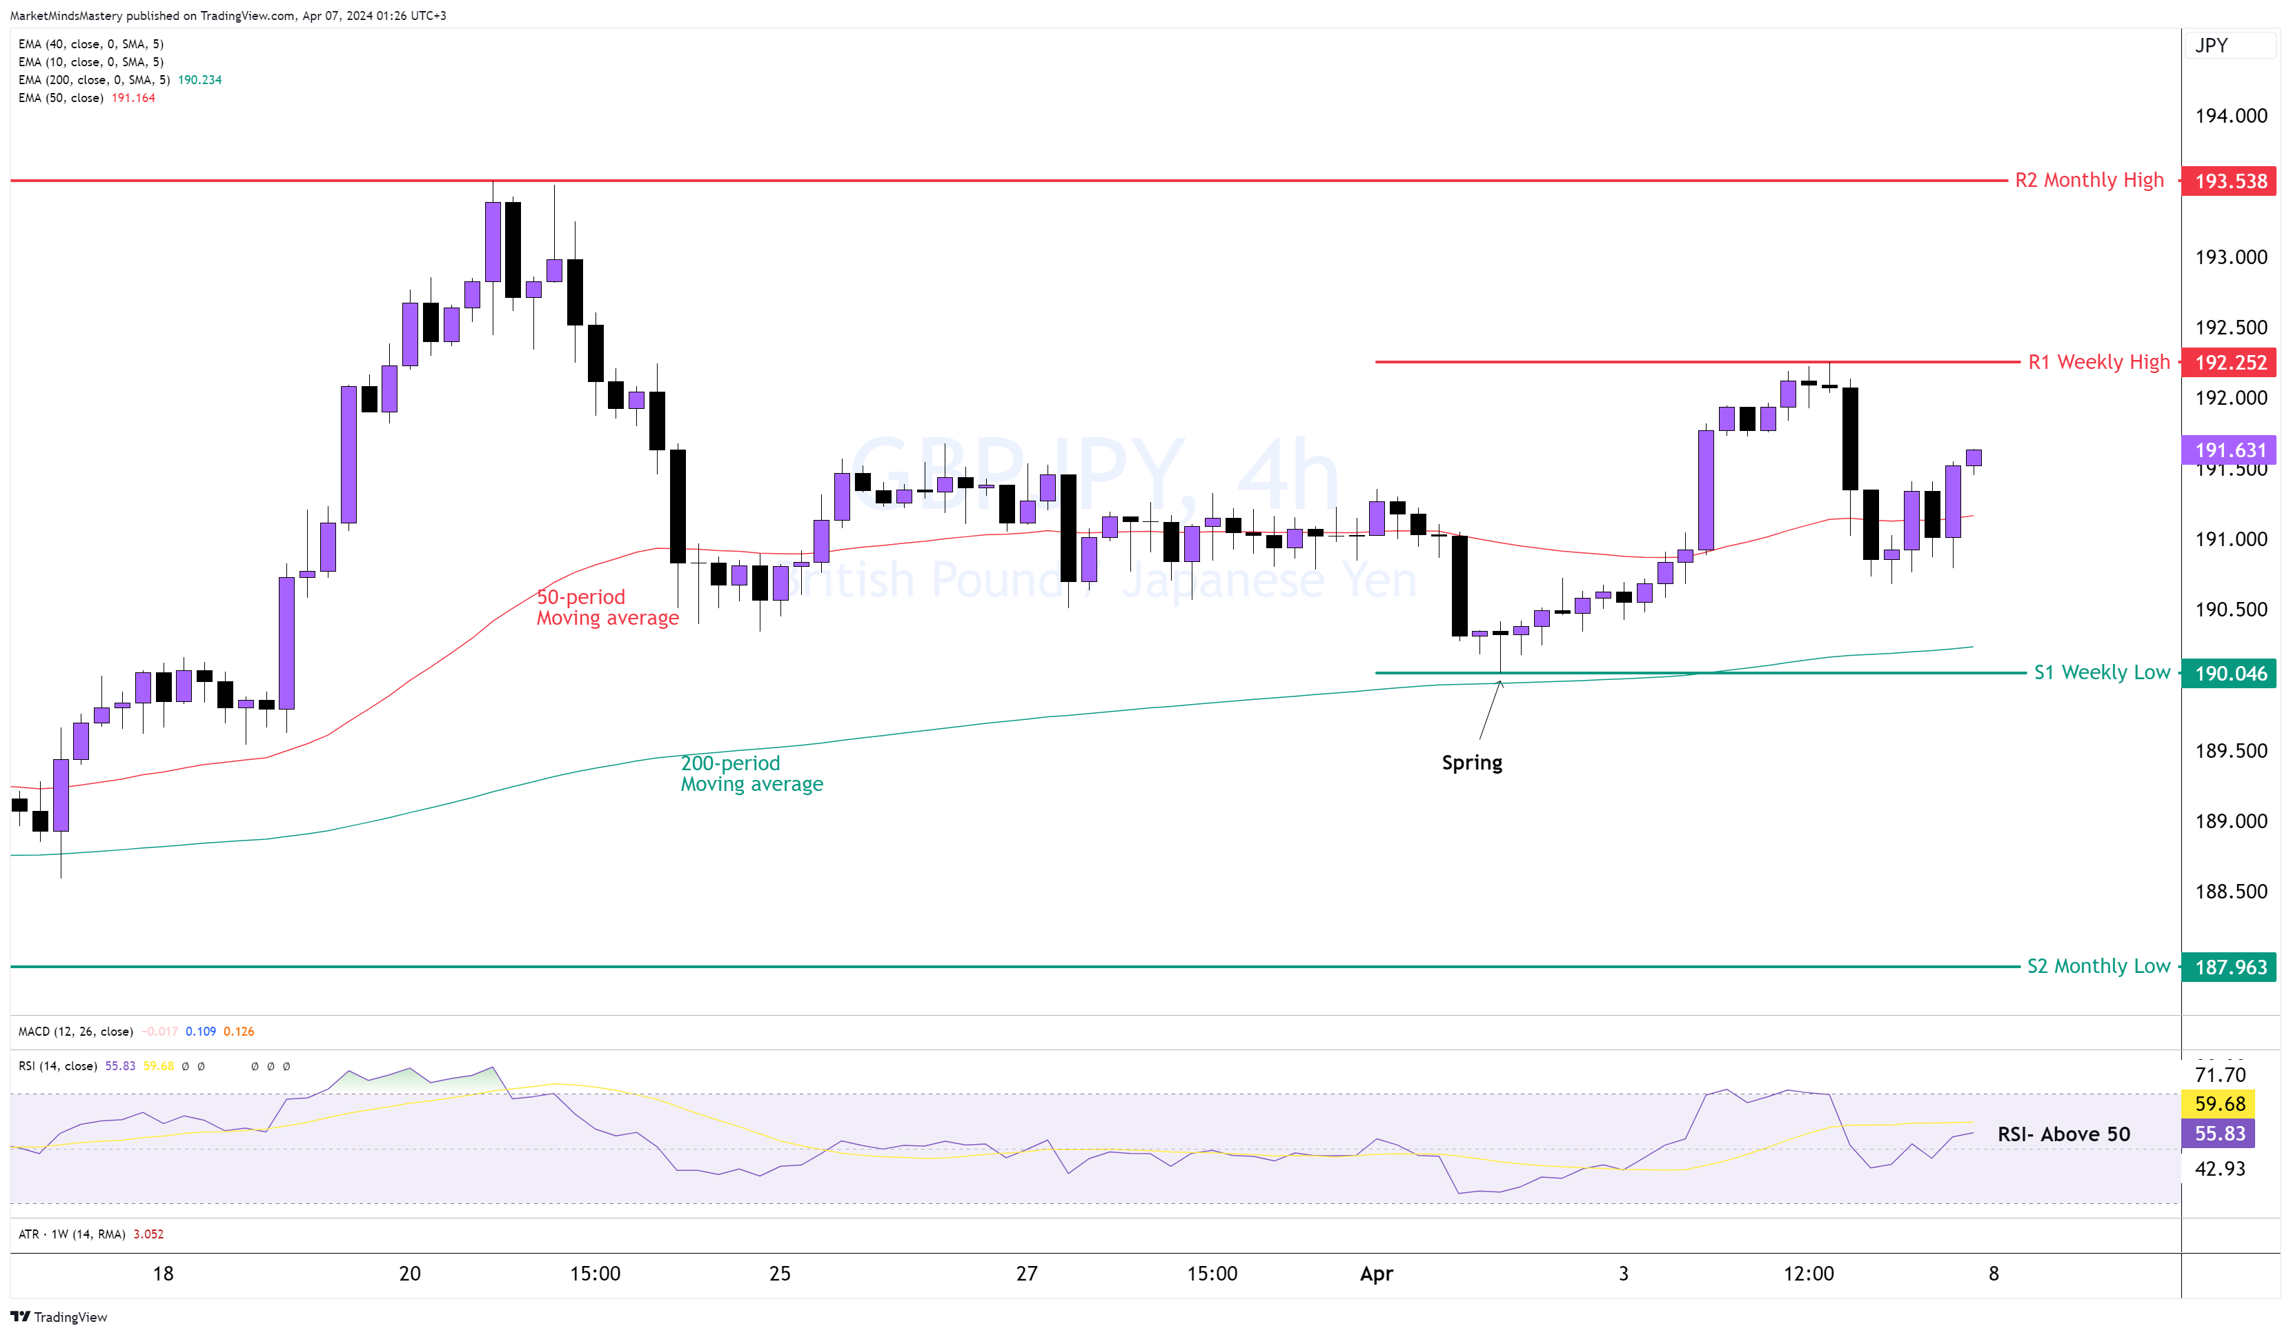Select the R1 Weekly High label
point(2098,362)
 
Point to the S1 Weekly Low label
point(2101,672)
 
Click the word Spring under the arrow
point(1471,763)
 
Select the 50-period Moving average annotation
point(607,607)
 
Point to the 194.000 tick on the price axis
point(2230,115)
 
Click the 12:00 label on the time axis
point(1807,1273)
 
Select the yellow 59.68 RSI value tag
point(2219,1103)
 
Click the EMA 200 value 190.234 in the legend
point(199,80)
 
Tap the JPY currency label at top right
point(2211,46)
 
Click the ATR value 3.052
point(148,1234)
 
